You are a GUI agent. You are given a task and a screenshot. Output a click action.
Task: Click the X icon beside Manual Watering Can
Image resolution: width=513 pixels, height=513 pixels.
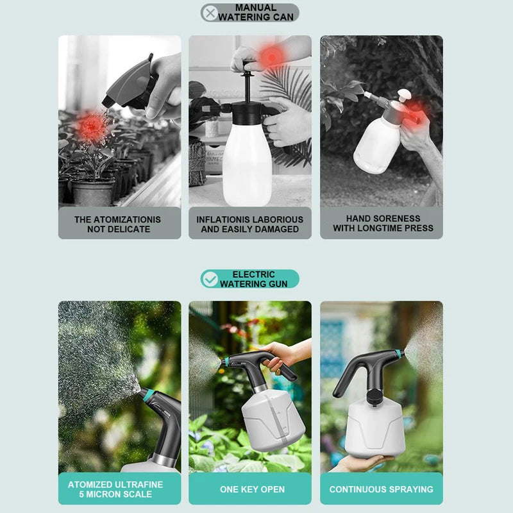[210, 13]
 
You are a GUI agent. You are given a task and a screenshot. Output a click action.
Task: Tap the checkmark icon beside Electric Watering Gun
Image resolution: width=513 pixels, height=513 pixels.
[210, 279]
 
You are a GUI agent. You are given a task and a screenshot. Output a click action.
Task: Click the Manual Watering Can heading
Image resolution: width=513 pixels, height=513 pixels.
[255, 13]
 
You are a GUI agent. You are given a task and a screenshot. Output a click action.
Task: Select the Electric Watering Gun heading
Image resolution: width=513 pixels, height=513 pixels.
[254, 279]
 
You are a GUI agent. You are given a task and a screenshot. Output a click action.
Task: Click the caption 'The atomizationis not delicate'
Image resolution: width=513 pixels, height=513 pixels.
[118, 224]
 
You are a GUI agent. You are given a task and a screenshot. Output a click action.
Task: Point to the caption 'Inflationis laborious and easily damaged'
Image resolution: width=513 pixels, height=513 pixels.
[250, 224]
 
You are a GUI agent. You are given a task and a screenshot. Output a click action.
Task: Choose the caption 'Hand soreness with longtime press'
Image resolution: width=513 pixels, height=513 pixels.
[382, 223]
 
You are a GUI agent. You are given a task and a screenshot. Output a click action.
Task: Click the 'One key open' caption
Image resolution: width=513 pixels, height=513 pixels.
[252, 489]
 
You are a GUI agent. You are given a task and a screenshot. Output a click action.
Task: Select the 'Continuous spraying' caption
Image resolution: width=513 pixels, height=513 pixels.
[381, 489]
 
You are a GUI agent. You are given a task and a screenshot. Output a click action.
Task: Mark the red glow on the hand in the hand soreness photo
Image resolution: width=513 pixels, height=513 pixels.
[416, 108]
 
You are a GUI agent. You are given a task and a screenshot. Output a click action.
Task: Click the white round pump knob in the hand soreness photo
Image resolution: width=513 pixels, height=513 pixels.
[404, 95]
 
